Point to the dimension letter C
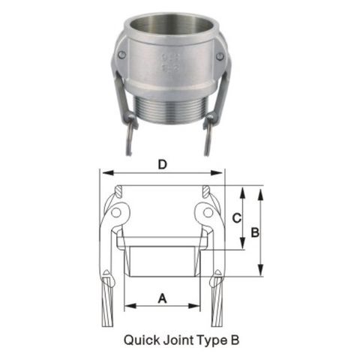coord(235,218)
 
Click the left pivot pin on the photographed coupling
coord(121,54)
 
